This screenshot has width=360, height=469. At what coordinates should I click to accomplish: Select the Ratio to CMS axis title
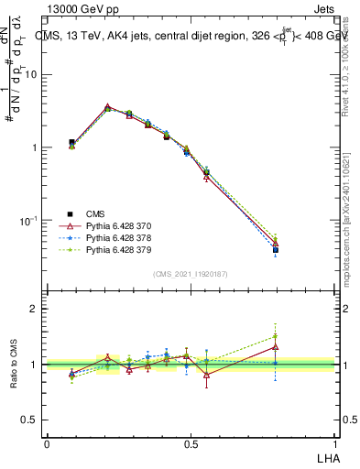[14, 366]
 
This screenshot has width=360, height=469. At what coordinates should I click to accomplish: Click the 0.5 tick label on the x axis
[191, 444]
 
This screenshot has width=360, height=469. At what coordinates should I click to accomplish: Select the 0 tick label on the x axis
[47, 444]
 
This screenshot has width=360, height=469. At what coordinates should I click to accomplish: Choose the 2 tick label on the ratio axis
[36, 309]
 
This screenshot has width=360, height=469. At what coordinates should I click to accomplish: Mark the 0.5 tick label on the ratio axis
[31, 420]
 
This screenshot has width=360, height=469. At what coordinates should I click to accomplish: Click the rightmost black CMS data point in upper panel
[276, 249]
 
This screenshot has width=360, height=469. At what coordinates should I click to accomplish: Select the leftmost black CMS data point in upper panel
[71, 143]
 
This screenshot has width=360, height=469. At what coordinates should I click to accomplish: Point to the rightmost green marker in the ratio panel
[276, 336]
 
